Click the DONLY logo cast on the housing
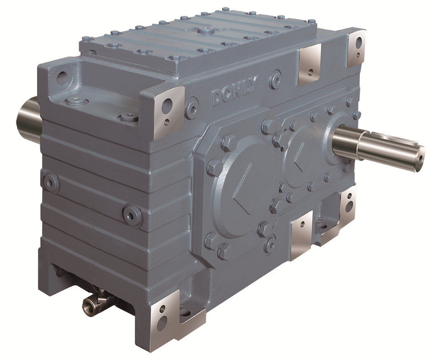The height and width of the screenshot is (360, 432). pyautogui.click(x=235, y=92)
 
